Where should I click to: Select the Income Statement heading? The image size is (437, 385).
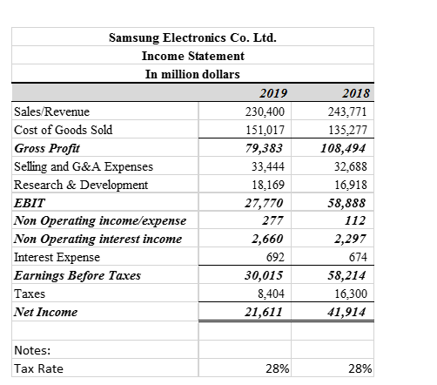click(x=192, y=56)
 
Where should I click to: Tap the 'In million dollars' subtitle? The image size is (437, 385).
click(x=192, y=74)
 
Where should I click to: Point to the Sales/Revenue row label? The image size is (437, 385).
click(x=51, y=111)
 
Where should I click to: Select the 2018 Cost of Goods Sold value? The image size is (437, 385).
click(x=353, y=131)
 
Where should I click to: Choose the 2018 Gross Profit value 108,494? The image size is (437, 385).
click(x=350, y=149)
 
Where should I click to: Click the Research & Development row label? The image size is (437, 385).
click(x=81, y=185)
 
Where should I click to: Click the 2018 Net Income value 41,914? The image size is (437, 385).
click(x=353, y=313)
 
